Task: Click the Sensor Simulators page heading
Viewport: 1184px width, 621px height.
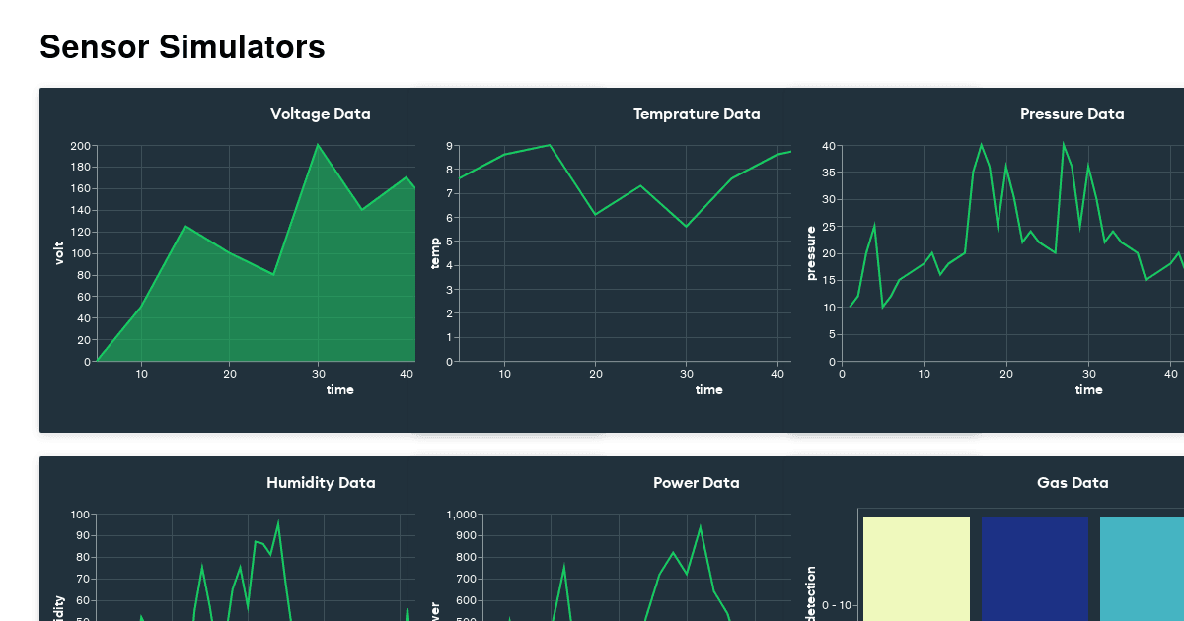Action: [183, 46]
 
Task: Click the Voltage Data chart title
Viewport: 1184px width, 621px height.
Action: [321, 114]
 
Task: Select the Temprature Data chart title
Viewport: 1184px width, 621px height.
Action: [697, 114]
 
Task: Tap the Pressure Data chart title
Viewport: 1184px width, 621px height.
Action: [1072, 114]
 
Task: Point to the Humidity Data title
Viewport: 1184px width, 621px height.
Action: [321, 483]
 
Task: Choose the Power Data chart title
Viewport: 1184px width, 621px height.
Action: [696, 483]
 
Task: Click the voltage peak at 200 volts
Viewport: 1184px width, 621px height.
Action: [318, 146]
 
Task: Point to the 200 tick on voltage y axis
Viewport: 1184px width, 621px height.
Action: [81, 146]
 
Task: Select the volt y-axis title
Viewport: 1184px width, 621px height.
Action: [59, 253]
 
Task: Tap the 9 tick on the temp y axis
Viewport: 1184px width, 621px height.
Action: [449, 146]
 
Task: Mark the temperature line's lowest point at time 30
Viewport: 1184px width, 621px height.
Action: [687, 227]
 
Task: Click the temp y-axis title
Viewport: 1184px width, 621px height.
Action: [435, 253]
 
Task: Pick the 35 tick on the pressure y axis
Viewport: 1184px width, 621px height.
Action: [829, 172]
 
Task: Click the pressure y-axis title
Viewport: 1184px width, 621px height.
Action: [811, 253]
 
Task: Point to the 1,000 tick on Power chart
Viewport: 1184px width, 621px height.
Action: [462, 515]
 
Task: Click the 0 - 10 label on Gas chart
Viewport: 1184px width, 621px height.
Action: [841, 605]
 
